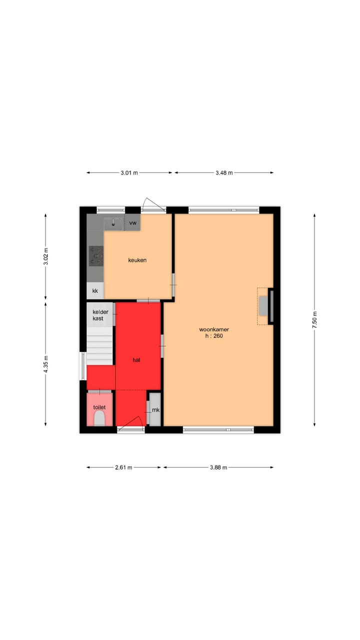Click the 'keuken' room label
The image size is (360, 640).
coord(137,260)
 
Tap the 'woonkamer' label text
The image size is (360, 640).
coord(214,329)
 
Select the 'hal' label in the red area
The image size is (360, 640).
coord(136,359)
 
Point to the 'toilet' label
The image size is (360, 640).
coord(99,407)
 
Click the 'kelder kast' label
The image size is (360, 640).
coord(100,315)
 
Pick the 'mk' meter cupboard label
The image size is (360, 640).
coord(155,410)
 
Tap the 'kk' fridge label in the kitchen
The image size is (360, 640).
coord(95,290)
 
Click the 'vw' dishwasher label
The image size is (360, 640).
coord(132,222)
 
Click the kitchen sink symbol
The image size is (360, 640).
coord(114,223)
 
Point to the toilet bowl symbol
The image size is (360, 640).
coord(99,419)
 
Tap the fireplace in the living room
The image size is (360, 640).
coord(263,306)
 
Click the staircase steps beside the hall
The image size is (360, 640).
coord(100,345)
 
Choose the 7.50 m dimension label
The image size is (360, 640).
coord(315,317)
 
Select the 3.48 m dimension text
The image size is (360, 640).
coord(224,173)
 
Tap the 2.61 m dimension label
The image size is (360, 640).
coord(123,467)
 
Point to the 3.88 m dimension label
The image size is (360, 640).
coord(218,467)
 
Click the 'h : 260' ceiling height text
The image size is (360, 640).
coord(214,336)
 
